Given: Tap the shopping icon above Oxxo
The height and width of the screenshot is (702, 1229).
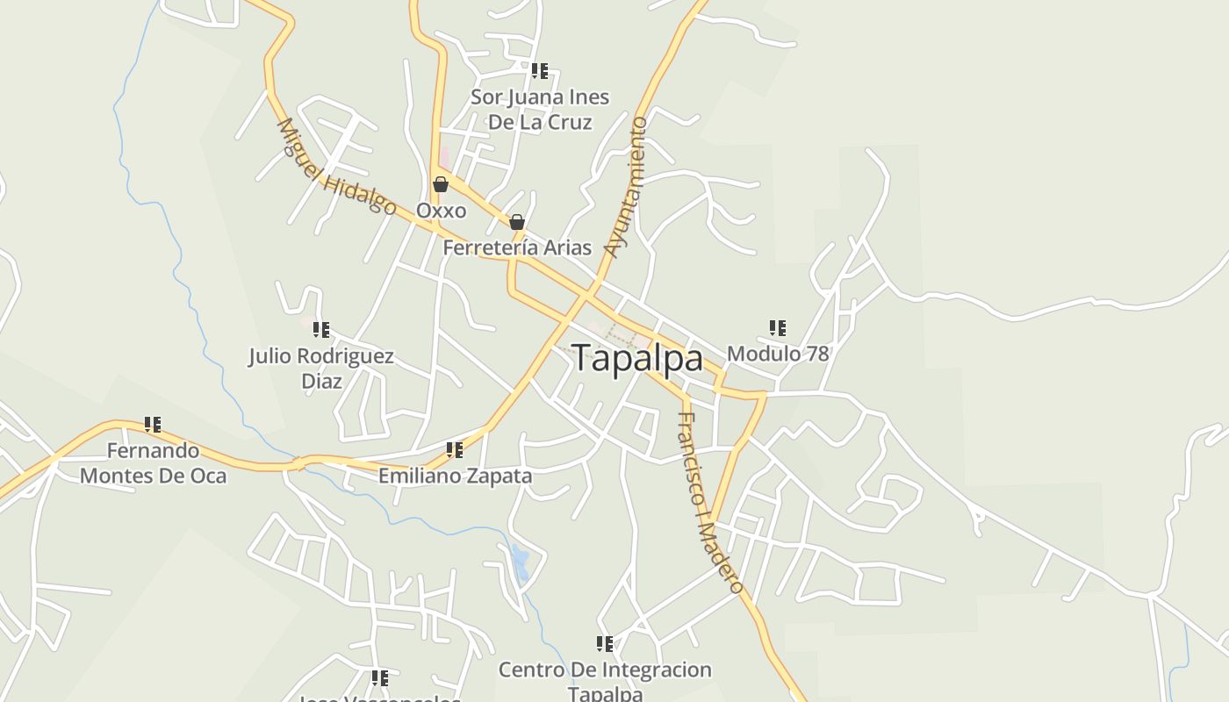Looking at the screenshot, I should (x=441, y=184).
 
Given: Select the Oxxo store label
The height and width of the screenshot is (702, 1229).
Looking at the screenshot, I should (x=441, y=211).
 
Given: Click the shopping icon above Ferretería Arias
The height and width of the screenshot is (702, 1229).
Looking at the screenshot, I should (x=517, y=222).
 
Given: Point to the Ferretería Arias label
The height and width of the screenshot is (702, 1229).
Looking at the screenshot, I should (x=517, y=247).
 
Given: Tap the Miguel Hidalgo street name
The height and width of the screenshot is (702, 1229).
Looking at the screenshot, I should (x=336, y=167).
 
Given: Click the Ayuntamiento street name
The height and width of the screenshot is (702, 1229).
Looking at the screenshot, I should (x=627, y=187).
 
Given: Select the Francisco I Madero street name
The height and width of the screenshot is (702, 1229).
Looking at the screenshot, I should (x=710, y=503).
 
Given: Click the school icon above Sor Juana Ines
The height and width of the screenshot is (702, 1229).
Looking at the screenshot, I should (x=540, y=70).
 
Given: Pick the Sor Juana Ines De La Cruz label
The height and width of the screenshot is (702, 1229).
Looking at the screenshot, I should (x=540, y=110).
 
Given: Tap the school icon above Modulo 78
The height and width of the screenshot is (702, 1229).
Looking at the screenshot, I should (x=777, y=328).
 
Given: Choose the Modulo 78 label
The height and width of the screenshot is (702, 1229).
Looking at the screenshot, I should (x=778, y=354).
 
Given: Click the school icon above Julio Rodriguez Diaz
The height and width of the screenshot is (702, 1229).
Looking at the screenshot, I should (x=321, y=330).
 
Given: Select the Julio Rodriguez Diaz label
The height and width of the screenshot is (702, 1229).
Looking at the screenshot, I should (x=321, y=369).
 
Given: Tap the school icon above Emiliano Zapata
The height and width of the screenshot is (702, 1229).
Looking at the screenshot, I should (x=454, y=450).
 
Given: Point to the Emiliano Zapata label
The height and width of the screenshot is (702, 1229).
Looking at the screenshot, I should (x=455, y=476).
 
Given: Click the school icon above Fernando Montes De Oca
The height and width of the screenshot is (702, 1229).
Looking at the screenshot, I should (x=153, y=425).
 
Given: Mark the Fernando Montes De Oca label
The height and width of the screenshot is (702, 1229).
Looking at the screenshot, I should (x=154, y=463).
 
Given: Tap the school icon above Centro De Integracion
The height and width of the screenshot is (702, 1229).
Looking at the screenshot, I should (x=605, y=644).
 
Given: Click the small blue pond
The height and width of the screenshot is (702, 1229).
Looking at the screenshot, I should (x=520, y=562).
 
